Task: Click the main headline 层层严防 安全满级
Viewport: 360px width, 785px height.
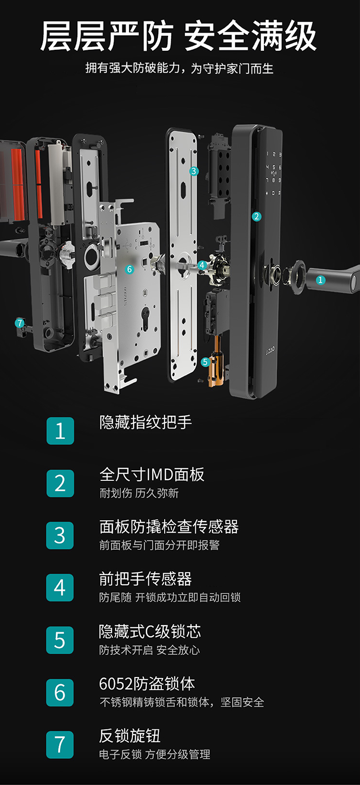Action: pos(179,36)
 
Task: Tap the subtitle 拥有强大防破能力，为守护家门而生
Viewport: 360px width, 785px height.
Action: pos(179,68)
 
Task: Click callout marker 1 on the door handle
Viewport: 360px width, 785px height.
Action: pos(321,280)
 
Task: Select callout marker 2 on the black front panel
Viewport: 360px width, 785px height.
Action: pos(256,216)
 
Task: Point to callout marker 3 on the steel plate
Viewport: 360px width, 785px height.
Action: pos(194,171)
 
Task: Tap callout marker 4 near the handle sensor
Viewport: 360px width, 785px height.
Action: pos(202,265)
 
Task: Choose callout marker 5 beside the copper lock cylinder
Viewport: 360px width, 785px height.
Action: pos(205,362)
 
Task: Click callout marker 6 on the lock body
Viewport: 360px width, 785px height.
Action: pos(129,269)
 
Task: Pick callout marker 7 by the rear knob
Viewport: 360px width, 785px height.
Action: pos(20,323)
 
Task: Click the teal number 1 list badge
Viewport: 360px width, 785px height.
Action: pos(60,431)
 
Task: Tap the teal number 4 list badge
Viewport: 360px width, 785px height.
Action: pos(60,587)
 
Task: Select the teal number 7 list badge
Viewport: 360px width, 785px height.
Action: pos(60,744)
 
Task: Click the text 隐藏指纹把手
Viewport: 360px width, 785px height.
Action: pos(145,422)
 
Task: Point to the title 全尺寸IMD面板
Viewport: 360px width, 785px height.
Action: pos(152,474)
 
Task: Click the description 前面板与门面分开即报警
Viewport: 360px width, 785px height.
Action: pos(159,545)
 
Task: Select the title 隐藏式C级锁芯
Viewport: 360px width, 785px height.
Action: pos(150,631)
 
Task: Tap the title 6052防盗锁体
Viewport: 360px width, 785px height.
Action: pos(147,683)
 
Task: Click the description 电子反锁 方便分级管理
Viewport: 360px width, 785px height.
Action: pos(155,754)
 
